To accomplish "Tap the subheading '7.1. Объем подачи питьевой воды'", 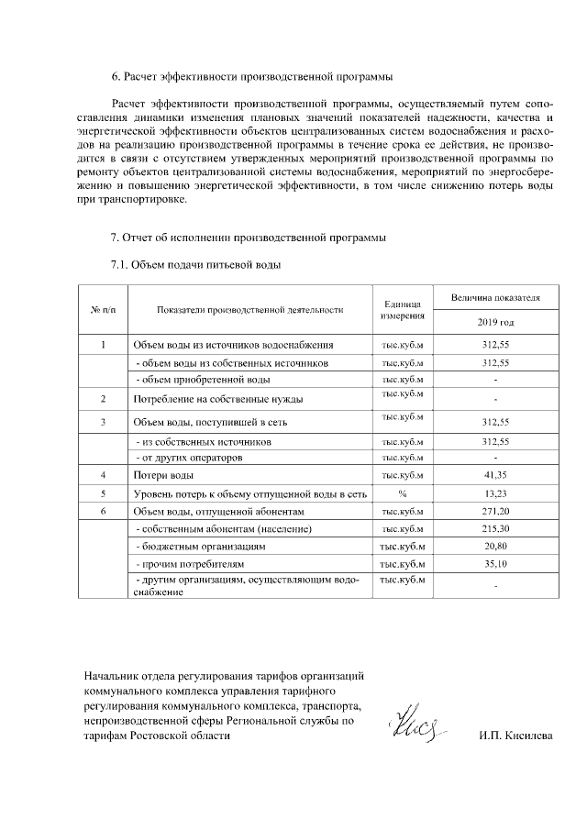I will click(195, 265).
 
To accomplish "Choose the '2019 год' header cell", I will click(495, 323).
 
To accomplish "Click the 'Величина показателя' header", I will click(495, 298).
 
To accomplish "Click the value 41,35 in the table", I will click(495, 475).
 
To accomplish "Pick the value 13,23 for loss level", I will click(495, 493).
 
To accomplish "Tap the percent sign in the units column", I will click(402, 493).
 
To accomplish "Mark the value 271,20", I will click(495, 511).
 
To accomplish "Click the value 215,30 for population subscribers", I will click(495, 529).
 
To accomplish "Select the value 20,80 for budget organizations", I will click(495, 547).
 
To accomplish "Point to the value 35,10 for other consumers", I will click(495, 564).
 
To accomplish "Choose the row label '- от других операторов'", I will click(189, 457).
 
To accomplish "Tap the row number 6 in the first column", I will click(104, 511).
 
